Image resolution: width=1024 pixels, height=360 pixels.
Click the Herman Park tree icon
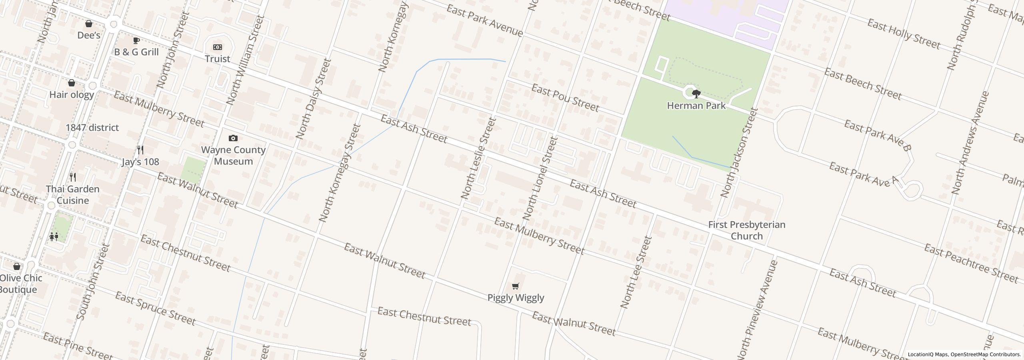(696, 94)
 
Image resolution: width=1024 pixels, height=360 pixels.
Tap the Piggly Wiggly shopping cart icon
(516, 286)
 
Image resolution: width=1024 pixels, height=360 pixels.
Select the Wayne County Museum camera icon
(233, 138)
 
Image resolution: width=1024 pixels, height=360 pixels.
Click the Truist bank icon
(217, 47)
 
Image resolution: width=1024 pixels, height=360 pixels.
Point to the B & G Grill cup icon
(136, 40)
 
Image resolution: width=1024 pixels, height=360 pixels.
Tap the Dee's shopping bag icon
(89, 24)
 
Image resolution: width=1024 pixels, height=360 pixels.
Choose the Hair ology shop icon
(72, 83)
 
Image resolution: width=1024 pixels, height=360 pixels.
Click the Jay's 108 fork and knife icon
(140, 150)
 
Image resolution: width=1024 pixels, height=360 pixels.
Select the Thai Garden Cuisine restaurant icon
(73, 177)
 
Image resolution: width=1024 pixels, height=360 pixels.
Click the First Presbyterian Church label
(746, 230)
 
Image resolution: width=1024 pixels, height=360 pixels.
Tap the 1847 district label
(92, 128)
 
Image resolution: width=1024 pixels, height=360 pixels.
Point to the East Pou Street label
(565, 98)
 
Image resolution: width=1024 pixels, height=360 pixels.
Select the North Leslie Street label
(478, 158)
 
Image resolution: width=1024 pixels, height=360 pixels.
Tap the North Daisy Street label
(314, 99)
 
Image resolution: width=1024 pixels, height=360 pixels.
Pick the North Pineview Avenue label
(757, 310)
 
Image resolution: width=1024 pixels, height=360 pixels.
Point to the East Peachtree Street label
(971, 263)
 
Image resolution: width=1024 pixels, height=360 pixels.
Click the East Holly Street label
(903, 34)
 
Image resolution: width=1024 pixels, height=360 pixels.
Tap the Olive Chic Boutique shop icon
(17, 266)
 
